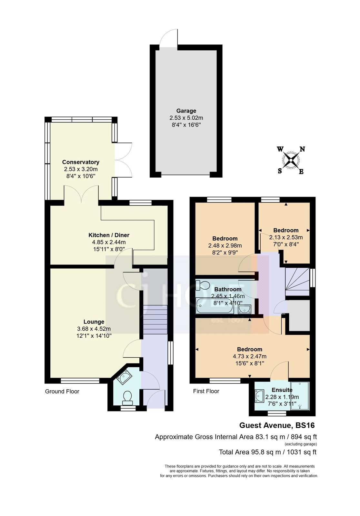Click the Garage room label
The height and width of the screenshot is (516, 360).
click(x=186, y=111)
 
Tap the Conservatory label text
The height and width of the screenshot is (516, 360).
click(x=81, y=162)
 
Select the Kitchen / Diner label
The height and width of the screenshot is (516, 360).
click(x=109, y=235)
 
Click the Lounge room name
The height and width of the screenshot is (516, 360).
click(x=94, y=322)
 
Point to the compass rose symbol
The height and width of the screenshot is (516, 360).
click(x=291, y=160)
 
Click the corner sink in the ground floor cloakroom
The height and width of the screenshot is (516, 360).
click(x=124, y=377)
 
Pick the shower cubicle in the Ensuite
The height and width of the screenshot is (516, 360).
click(x=300, y=396)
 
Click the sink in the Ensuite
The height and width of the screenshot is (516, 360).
click(x=259, y=396)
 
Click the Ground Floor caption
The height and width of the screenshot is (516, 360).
click(x=62, y=391)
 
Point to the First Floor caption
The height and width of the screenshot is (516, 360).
click(x=206, y=391)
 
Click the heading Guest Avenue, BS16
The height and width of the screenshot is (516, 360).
click(x=277, y=425)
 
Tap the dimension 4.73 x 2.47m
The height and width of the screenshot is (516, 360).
click(x=249, y=356)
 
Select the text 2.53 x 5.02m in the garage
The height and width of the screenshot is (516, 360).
click(x=186, y=118)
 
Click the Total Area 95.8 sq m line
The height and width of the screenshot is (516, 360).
click(x=267, y=452)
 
